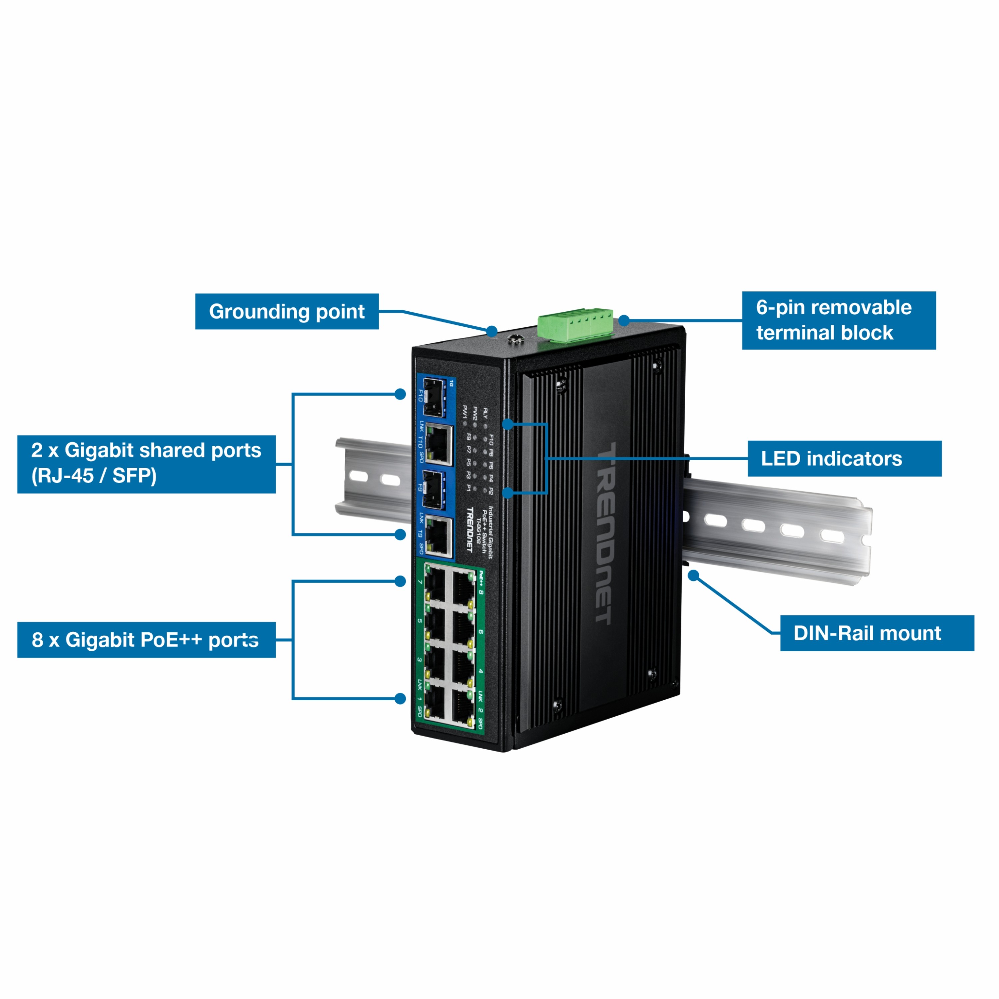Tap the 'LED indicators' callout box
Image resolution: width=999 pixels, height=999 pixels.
tap(844, 459)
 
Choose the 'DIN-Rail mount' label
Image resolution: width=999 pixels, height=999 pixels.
tap(877, 633)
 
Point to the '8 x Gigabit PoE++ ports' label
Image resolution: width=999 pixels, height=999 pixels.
tap(146, 640)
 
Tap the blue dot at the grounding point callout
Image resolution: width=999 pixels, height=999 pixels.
tap(492, 331)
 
